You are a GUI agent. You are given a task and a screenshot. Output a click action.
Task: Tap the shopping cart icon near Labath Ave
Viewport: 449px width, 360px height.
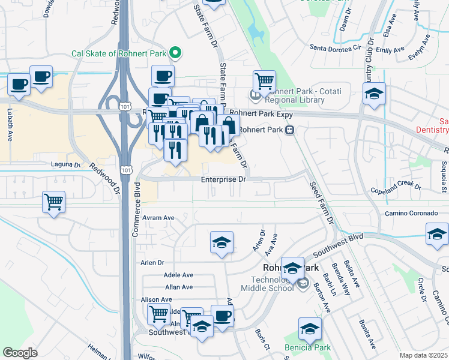54,202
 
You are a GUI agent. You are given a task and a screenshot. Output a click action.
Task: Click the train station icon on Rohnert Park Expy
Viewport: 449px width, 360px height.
289,130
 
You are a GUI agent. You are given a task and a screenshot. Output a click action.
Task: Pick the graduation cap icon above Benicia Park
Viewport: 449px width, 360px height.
310,329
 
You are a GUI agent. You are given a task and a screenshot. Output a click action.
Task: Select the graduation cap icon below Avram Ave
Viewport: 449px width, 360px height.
221,243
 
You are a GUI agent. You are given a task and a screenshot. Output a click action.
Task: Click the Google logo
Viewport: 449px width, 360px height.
20,353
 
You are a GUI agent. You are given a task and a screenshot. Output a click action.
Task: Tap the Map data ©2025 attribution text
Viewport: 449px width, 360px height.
423,355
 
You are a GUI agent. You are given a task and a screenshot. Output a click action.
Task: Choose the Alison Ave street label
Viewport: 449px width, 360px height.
156,299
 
